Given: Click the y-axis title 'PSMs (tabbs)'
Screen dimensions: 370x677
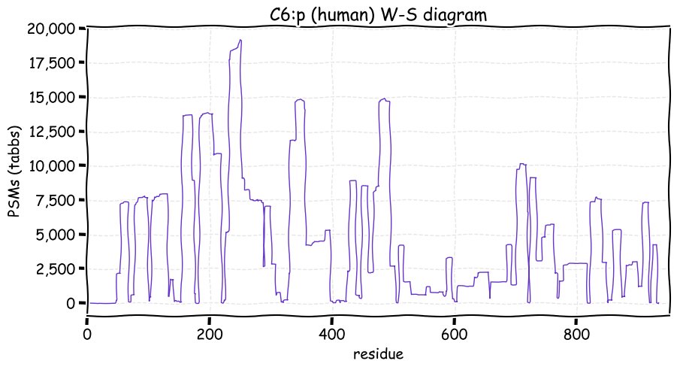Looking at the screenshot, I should (13, 165).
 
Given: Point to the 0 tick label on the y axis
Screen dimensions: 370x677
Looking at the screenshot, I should (71, 303).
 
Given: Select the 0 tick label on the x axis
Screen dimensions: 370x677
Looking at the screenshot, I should (87, 331).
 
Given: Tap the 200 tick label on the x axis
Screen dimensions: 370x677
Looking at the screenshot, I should (209, 331).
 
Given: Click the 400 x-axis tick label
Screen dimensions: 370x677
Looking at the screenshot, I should (331, 331).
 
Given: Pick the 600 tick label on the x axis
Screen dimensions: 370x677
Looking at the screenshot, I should (454, 331).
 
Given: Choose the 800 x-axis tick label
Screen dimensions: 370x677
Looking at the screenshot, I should (576, 331).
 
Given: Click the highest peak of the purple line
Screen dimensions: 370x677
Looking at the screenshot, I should (240, 41).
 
